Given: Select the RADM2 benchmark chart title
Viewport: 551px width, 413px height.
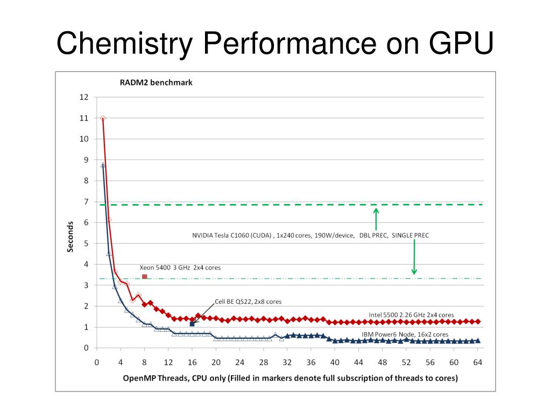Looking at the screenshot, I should tap(156, 83).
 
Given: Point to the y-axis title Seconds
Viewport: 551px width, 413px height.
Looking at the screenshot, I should tap(70, 237).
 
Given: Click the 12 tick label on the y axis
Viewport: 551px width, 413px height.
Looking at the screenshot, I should tap(84, 97).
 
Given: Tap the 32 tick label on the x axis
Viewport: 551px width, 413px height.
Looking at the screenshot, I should tap(287, 362).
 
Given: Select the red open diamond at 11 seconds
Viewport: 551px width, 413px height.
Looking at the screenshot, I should tap(103, 118).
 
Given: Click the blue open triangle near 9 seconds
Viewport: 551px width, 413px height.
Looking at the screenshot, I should tap(103, 165).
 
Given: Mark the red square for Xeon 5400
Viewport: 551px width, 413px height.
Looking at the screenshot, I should tap(144, 277).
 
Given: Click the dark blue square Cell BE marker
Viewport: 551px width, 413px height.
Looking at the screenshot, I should tap(192, 324).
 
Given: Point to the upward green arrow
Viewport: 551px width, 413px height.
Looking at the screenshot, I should tap(376, 218).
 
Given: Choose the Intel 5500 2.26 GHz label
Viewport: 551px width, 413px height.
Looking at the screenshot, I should tap(411, 315).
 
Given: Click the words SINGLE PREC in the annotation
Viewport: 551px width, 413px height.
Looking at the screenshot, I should tap(410, 236).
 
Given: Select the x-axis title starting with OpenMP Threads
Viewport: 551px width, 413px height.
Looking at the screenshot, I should tap(290, 378).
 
